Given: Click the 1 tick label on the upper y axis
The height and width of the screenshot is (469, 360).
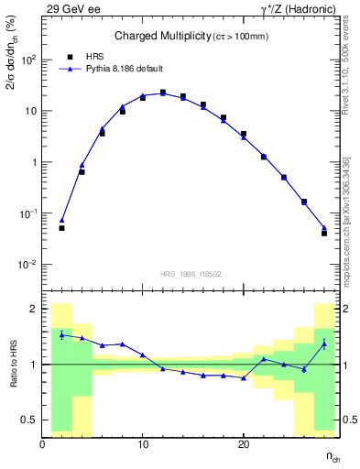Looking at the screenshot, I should click(x=32, y=162).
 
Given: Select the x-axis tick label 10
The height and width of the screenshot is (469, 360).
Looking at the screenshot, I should click(x=143, y=444).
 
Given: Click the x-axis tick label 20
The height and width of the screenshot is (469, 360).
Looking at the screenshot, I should click(x=243, y=444).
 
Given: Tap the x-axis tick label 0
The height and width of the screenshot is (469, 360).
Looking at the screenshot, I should click(x=43, y=444).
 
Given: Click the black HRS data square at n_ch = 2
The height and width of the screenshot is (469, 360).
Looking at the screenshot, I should click(x=61, y=228).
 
